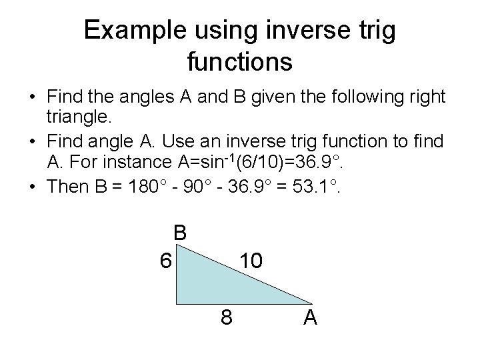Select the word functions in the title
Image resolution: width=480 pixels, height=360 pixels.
click(x=239, y=61)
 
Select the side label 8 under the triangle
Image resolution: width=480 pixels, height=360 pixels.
click(x=227, y=318)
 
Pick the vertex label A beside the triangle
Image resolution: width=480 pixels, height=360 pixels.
click(x=310, y=318)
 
